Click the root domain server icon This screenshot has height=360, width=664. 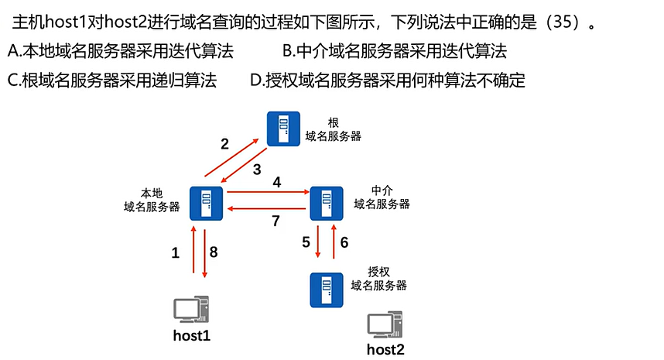[283, 128]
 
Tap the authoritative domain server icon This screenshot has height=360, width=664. [327, 288]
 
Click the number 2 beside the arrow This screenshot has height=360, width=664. [224, 143]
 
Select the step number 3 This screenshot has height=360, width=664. [257, 169]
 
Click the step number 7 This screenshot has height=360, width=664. [276, 221]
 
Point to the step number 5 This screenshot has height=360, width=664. [306, 242]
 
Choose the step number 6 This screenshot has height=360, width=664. [344, 242]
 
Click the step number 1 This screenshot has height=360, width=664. [175, 252]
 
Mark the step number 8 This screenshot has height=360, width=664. [214, 252]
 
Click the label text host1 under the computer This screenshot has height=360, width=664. [192, 336]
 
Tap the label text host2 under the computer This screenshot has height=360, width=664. [385, 349]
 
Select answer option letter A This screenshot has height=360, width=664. [13, 52]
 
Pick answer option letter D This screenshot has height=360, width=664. [256, 79]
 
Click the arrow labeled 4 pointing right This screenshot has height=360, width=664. [267, 191]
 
